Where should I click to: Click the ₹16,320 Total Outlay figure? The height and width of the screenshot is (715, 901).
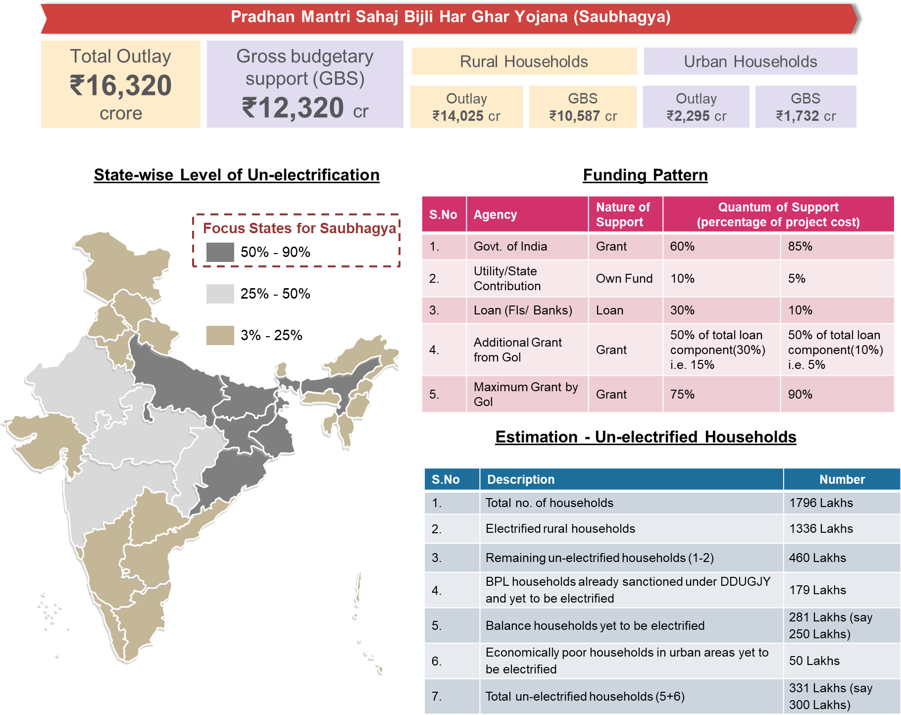point(121,85)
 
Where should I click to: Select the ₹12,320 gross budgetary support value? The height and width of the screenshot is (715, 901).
point(293,108)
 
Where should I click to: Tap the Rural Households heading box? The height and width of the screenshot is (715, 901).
point(524,61)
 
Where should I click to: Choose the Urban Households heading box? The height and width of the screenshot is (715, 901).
point(750,61)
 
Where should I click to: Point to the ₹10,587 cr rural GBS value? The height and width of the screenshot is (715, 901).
point(583,116)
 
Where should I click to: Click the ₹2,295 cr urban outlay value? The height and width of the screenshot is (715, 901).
point(696,116)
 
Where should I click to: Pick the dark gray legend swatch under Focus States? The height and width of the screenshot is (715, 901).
point(220,253)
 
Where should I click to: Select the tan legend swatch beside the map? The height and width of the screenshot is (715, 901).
point(220,335)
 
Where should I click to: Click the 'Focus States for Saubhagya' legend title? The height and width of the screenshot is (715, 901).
point(299,228)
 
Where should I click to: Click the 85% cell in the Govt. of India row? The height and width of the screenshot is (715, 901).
point(800,247)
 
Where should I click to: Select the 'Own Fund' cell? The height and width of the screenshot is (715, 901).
point(624,279)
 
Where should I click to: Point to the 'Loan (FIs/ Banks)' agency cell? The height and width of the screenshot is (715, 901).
point(523,310)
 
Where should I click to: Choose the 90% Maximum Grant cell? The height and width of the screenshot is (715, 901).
point(800,395)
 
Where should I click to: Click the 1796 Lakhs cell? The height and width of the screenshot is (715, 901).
point(821,503)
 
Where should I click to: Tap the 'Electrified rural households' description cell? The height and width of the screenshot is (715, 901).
point(560,529)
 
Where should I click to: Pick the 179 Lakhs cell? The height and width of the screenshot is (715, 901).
point(817,590)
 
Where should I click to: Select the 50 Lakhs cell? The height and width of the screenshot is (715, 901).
point(814,661)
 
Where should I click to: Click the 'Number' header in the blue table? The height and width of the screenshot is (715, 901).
point(842,479)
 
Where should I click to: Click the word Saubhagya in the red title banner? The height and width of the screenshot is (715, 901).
point(622,17)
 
